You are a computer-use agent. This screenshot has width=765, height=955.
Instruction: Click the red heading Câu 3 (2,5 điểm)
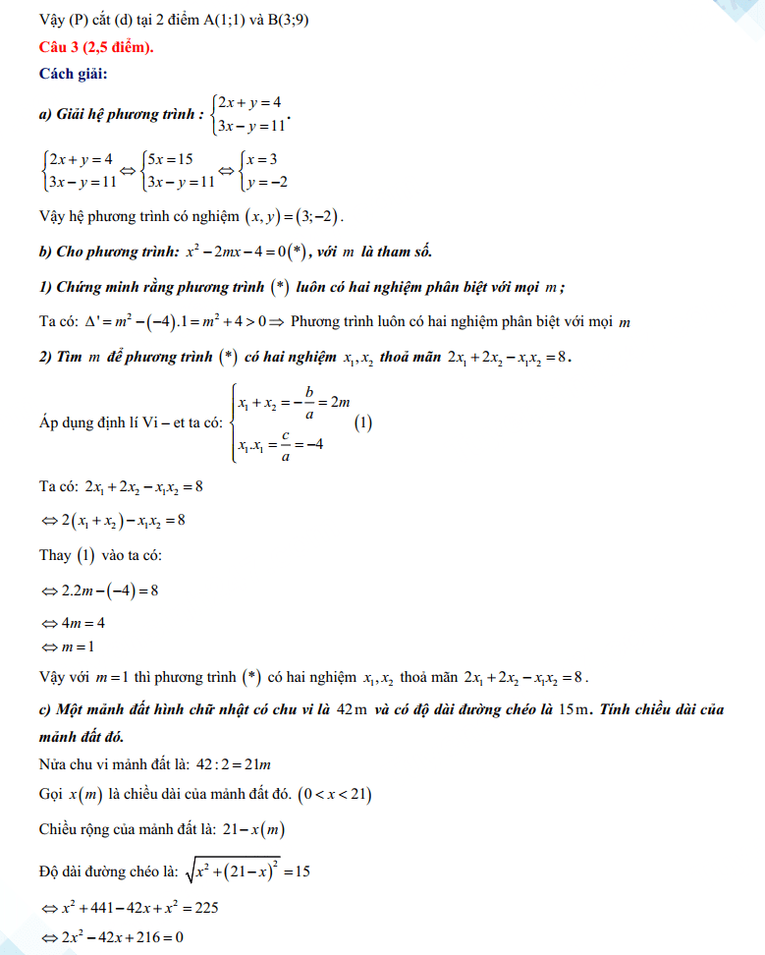coord(95,47)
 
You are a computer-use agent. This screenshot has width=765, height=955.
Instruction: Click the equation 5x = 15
coord(170,159)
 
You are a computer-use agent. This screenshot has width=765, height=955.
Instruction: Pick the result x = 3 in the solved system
coord(261,159)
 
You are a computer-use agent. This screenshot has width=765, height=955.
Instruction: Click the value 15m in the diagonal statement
coord(570,709)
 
